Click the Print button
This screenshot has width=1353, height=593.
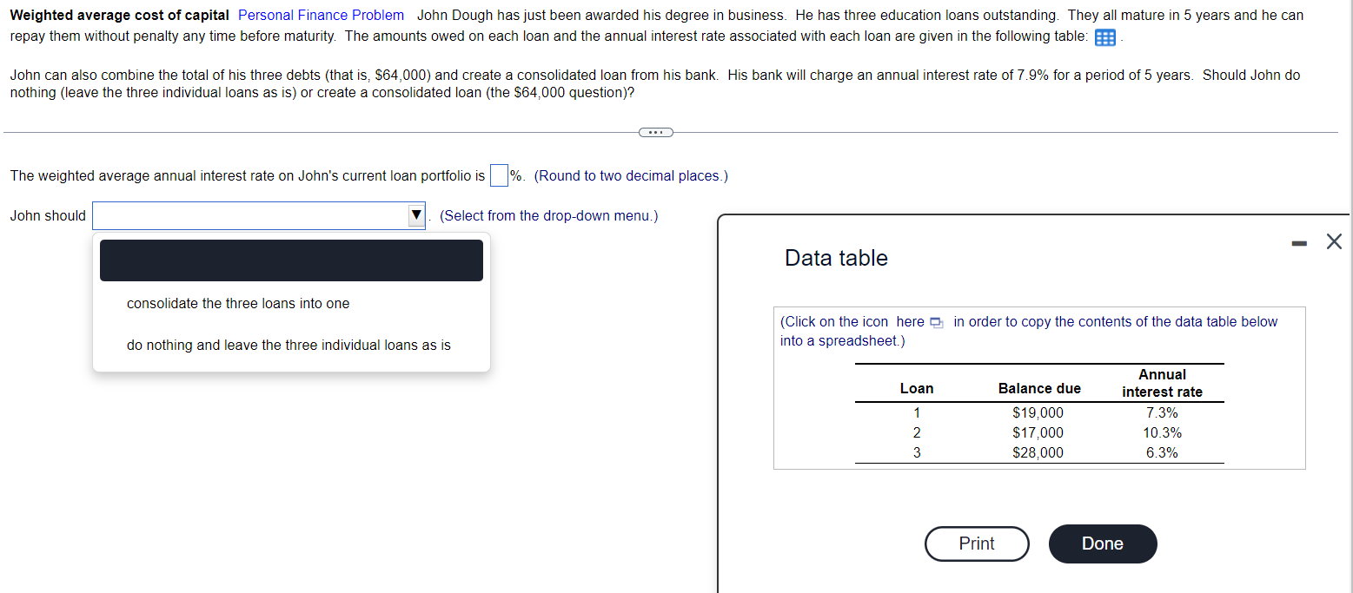click(977, 544)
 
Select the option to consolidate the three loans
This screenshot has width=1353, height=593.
click(238, 304)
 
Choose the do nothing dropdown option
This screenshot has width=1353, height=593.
click(289, 346)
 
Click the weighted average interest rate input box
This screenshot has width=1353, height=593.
click(499, 175)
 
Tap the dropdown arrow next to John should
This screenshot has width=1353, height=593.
click(416, 215)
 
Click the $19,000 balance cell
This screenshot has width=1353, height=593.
click(1038, 412)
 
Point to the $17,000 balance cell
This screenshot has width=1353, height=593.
click(1038, 432)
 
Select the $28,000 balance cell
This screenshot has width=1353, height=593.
click(1038, 452)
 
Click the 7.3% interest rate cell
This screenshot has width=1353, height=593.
click(1162, 412)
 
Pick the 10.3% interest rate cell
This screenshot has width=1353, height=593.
click(1162, 432)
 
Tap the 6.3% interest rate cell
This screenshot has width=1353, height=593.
click(1162, 452)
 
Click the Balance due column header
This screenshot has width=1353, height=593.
click(1039, 388)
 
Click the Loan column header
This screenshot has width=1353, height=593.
click(917, 388)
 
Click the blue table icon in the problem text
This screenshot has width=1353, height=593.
click(1105, 38)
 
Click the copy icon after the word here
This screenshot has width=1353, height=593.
click(936, 323)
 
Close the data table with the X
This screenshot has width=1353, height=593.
click(1334, 241)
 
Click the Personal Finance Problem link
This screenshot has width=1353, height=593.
click(321, 15)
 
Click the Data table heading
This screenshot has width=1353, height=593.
click(836, 258)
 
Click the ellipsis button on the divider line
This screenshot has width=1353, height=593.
click(655, 132)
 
